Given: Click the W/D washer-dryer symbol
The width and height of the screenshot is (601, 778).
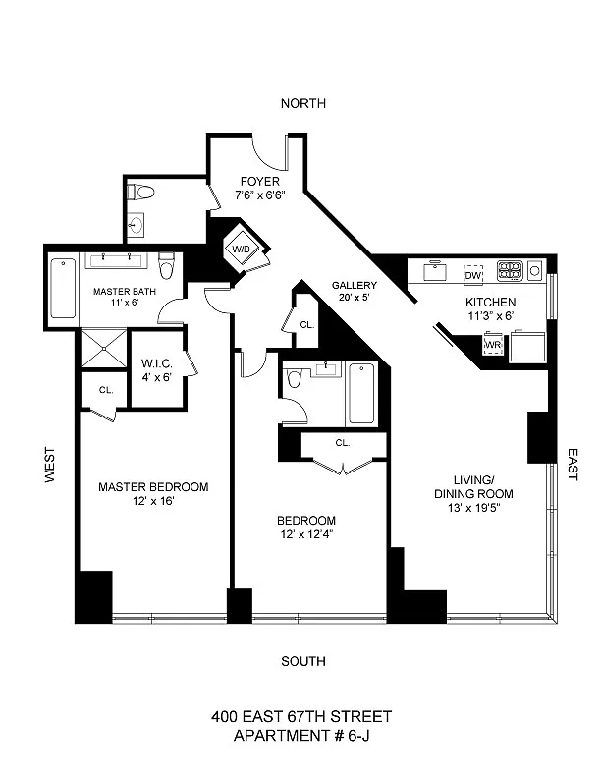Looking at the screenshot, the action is tap(242, 249).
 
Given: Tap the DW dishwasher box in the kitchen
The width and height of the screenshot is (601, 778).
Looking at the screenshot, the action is tap(473, 275).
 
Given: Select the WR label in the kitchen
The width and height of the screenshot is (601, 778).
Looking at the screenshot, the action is tap(493, 345).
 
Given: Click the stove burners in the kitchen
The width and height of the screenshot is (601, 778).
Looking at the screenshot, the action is tap(511, 270).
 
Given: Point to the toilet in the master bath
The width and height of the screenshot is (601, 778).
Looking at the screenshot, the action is tap(166, 265).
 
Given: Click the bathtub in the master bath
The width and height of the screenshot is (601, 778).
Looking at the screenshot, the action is tap(63, 288).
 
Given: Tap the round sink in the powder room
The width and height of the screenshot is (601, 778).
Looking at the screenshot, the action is tap(135, 226).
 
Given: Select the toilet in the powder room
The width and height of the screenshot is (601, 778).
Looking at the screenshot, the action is tap(140, 192).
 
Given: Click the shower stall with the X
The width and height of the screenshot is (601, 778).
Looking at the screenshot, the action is tap(104, 348).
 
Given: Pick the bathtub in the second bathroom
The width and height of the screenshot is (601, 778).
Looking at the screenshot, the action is tap(362, 394).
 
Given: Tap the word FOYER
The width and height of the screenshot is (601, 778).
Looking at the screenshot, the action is tap(260, 181).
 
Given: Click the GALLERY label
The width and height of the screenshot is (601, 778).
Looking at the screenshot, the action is tap(355, 285).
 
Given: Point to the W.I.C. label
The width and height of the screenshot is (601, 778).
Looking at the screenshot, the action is tap(157, 363).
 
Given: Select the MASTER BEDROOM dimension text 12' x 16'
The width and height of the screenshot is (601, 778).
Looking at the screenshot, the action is tap(153, 501).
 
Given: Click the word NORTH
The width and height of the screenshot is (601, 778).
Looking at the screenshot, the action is tap(303, 103).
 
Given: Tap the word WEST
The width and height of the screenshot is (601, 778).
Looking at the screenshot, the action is tap(50, 465).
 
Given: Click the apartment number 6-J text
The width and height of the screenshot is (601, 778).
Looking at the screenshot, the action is tap(358, 736).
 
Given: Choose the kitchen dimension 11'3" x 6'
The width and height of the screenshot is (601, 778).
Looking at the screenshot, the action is tap(490, 316).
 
